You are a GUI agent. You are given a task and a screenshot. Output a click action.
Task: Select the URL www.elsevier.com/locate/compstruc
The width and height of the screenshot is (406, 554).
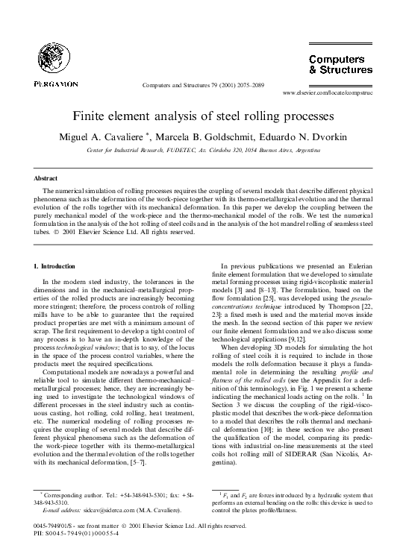[x=340, y=95]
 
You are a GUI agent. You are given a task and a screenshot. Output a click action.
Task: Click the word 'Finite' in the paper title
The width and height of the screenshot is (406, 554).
[x=90, y=117]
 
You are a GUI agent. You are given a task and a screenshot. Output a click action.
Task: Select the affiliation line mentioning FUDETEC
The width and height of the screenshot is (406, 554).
[x=203, y=150]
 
